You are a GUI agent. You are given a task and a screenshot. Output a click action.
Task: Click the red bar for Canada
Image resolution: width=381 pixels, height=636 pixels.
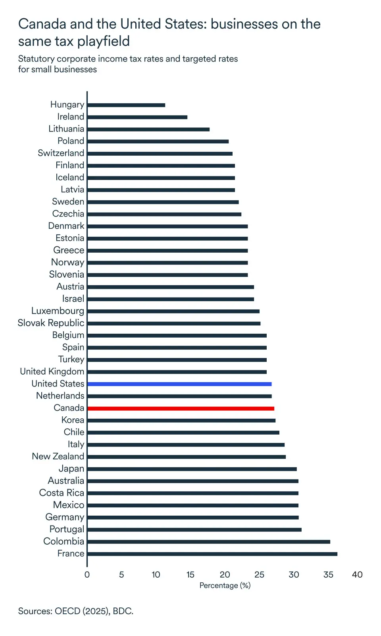pos(181,408)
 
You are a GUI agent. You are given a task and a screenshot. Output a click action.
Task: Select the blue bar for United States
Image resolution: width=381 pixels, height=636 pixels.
pos(179,384)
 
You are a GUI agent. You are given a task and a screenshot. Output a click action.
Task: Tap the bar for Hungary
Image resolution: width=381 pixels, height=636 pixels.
pos(126,105)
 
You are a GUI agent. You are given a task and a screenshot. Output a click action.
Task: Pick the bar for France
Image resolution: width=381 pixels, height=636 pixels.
pos(212,554)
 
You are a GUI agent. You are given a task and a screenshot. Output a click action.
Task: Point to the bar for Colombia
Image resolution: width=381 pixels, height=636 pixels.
pos(209,542)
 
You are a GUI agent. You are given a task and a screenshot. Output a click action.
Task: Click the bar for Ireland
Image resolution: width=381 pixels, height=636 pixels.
pos(137,117)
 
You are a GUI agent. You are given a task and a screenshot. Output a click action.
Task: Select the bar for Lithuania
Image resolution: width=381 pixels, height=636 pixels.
pos(148,130)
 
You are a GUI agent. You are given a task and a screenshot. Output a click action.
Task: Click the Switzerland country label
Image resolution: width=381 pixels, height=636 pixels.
pos(61,153)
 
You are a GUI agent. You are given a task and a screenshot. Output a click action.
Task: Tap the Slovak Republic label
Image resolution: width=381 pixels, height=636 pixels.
pos(51,323)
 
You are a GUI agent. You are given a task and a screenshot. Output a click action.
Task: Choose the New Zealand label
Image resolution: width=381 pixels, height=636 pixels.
pos(58,456)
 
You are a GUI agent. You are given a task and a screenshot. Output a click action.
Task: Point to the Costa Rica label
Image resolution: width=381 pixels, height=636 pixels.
pos(62,493)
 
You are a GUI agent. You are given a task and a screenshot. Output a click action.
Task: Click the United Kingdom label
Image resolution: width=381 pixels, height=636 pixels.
pos(52,371)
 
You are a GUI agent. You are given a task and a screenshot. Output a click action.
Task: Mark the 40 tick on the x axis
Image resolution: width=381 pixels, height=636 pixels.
pos(357,575)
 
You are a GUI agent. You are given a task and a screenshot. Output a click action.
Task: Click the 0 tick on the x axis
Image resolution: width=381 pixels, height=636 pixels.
pos(87,575)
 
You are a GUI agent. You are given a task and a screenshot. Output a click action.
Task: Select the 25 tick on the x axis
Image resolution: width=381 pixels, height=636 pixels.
pos(259,575)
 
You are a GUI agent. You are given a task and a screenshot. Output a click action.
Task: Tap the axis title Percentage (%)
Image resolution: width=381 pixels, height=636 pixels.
pos(225,586)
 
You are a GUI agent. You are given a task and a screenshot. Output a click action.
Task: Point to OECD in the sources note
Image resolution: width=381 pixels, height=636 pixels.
pos(67,611)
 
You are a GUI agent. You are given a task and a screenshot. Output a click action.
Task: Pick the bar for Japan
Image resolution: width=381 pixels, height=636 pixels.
pos(192,469)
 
